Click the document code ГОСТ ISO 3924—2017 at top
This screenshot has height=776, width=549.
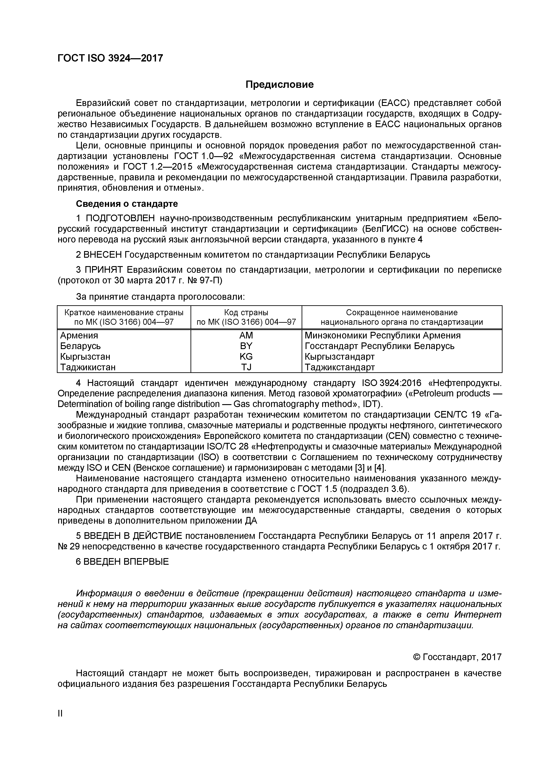click(x=110, y=58)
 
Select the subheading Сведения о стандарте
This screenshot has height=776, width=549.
click(x=127, y=204)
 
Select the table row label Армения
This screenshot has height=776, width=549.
click(x=79, y=335)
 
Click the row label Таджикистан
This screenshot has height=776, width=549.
click(x=88, y=367)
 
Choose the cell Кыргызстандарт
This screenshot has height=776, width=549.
click(x=339, y=357)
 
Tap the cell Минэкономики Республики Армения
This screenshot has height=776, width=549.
click(x=382, y=335)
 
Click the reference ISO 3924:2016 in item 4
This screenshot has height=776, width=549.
click(x=391, y=383)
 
